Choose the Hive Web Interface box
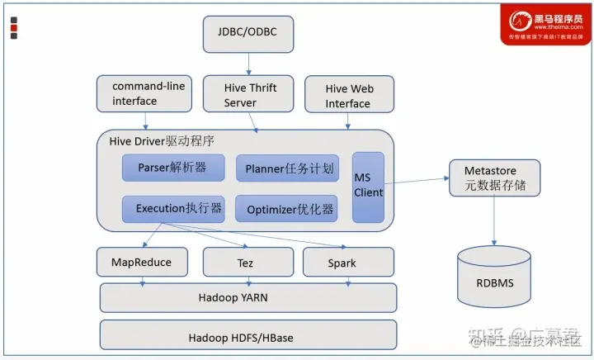click(349, 96)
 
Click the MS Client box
click(369, 186)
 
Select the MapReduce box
click(141, 263)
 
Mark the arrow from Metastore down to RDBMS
click(495, 220)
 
